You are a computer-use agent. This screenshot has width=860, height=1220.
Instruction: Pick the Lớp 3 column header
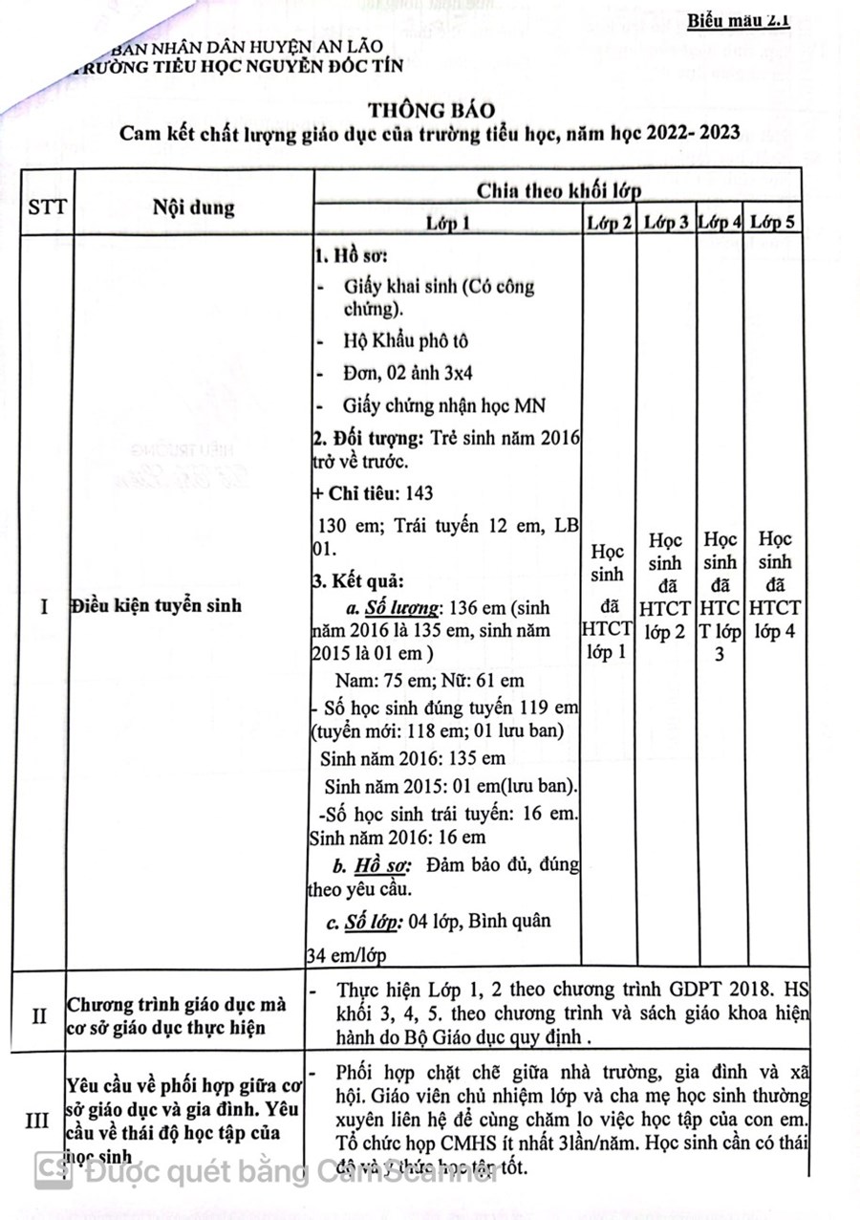point(666,223)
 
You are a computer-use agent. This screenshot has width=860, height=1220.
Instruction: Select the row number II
point(39,1015)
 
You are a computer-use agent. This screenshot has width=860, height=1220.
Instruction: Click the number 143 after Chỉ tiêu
point(419,493)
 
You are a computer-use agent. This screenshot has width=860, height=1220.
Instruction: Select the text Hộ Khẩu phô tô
point(405,340)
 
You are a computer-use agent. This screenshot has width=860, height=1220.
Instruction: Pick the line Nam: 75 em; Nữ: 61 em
point(430,681)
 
